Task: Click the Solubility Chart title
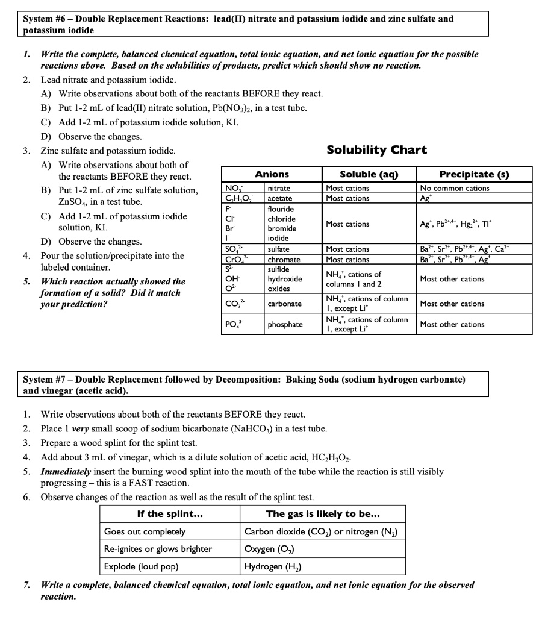point(376,150)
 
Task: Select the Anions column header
point(272,174)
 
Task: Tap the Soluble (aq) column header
point(367,174)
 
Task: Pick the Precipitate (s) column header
point(475,174)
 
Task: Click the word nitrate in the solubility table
point(278,188)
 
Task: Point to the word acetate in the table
point(279,198)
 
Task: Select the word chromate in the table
point(284,260)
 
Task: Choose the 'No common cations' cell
point(455,188)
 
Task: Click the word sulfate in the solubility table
point(278,249)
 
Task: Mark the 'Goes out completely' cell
point(145,531)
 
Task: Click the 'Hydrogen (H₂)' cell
point(272,566)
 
